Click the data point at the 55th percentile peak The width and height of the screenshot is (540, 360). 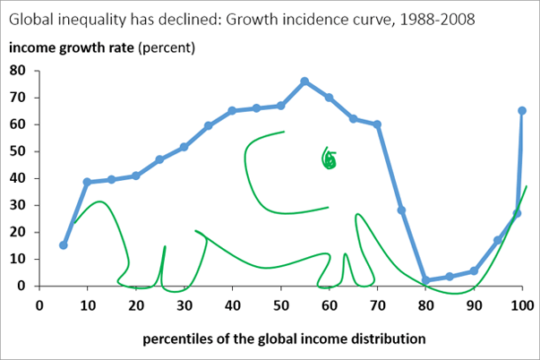tap(304, 81)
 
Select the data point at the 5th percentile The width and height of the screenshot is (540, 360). tap(64, 244)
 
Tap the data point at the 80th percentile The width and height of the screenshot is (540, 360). tap(426, 280)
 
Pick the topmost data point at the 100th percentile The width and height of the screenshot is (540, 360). tap(522, 110)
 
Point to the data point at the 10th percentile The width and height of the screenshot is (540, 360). tap(88, 182)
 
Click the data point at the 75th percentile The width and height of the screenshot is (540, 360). tap(401, 210)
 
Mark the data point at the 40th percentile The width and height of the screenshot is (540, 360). tap(232, 111)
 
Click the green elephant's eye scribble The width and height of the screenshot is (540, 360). tap(330, 159)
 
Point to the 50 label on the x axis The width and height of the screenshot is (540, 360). tap(281, 304)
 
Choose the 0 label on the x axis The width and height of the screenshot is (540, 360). tap(39, 304)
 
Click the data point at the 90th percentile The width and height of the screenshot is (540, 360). tap(474, 270)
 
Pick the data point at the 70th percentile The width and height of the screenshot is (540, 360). tap(377, 125)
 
